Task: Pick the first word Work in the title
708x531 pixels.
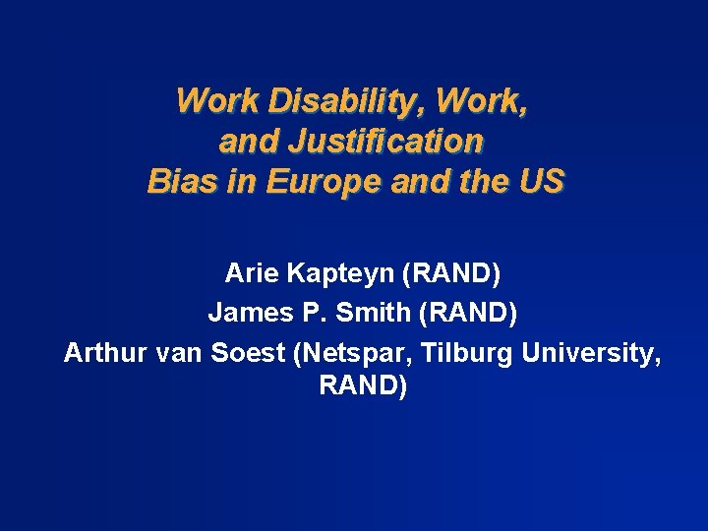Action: [x=212, y=101]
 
